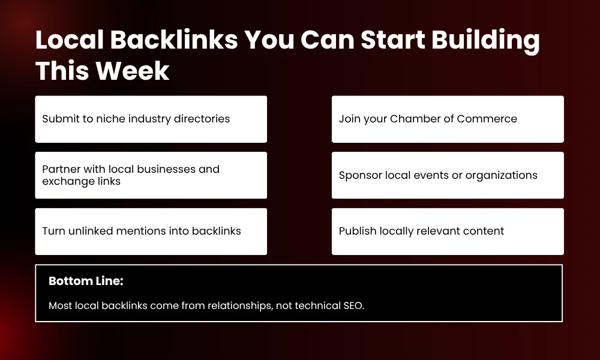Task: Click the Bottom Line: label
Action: point(86,281)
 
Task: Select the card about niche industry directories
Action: point(151,119)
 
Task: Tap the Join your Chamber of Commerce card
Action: point(448,119)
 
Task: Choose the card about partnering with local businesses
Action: point(151,175)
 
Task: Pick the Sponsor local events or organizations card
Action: point(448,175)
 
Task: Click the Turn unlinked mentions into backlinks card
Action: point(151,231)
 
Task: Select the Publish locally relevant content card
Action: point(448,231)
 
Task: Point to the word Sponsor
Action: point(360,175)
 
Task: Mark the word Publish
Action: point(358,231)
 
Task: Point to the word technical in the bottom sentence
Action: point(314,305)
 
